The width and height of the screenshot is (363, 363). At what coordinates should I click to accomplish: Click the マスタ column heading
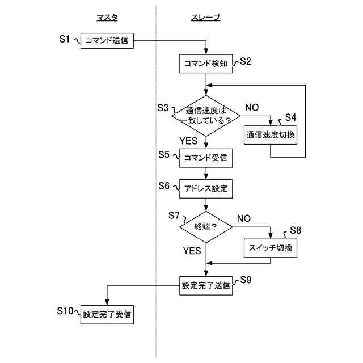coord(107,18)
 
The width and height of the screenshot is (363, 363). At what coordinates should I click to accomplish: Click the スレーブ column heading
coord(205,18)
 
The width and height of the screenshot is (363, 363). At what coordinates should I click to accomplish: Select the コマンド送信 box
coord(107,41)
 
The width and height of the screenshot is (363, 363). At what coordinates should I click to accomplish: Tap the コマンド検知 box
coord(206,63)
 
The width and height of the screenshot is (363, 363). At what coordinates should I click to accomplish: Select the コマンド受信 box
coord(206,158)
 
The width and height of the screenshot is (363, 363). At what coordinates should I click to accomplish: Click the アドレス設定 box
coord(206,188)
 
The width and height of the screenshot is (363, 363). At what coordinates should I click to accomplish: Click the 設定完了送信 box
coord(206,286)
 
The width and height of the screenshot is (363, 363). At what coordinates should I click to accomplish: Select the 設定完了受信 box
coord(107,314)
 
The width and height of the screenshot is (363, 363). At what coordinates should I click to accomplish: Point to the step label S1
coord(65,39)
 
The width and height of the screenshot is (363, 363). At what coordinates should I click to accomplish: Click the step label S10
coord(64,311)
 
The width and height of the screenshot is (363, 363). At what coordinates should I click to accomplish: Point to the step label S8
coord(296,230)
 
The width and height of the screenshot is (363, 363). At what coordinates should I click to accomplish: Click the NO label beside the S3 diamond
coord(252,107)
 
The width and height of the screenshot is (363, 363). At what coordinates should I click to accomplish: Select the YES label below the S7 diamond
coord(192,250)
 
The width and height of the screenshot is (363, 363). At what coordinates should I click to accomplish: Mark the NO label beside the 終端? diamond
coord(244,218)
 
